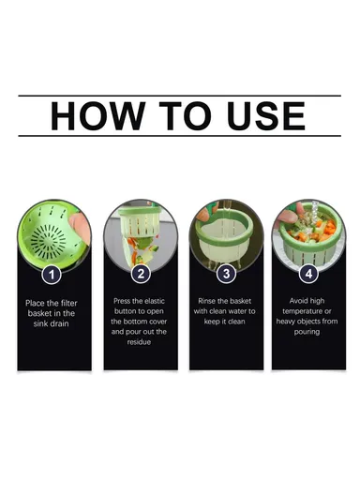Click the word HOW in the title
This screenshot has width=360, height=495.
click(92, 115)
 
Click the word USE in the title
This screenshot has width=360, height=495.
click(265, 115)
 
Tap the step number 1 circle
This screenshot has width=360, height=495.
click(53, 275)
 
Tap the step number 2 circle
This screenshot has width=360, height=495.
click(141, 275)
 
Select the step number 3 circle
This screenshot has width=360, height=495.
click(225, 275)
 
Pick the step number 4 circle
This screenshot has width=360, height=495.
click(307, 275)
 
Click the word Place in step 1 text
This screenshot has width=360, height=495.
click(35, 303)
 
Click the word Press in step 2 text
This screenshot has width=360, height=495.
click(122, 303)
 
